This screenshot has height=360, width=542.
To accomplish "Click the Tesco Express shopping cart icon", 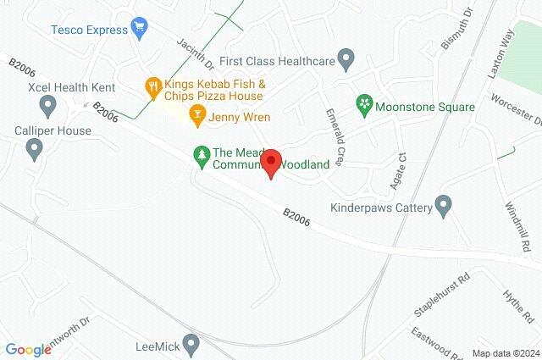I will [140, 29].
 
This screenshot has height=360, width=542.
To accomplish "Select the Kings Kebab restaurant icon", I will [153, 86].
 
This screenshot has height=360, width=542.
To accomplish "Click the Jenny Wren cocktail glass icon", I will [197, 116].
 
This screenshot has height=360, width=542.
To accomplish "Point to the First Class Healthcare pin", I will [346, 59].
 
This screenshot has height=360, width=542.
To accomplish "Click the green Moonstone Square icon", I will [364, 105].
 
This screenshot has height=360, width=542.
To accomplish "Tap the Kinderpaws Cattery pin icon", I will [443, 205].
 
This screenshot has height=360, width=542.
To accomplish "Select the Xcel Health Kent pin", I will [47, 106].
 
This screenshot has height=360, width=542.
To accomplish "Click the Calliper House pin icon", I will [34, 150].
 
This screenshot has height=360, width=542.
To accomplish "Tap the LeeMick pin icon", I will [191, 345].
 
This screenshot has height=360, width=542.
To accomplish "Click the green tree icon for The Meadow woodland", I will [201, 154].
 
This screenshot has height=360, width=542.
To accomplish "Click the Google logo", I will [28, 349].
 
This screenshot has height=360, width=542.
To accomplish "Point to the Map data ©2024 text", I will [505, 353].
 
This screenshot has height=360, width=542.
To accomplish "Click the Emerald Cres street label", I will [336, 136].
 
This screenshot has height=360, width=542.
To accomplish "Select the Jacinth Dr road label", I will [196, 53].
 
